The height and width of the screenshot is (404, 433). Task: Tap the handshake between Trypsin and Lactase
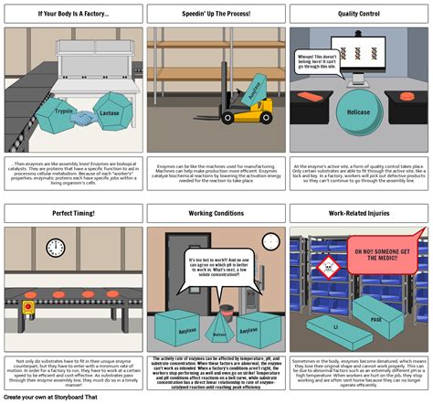pyautogui.click(x=84, y=118)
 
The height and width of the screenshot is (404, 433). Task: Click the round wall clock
pyautogui.click(x=56, y=248)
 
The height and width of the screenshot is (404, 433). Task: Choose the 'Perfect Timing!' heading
pyautogui.click(x=72, y=213)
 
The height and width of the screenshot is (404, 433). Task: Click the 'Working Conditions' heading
pyautogui.click(x=216, y=213)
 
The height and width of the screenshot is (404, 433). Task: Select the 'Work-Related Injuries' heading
pyautogui.click(x=359, y=213)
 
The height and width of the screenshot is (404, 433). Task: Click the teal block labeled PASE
pyautogui.click(x=376, y=319)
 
